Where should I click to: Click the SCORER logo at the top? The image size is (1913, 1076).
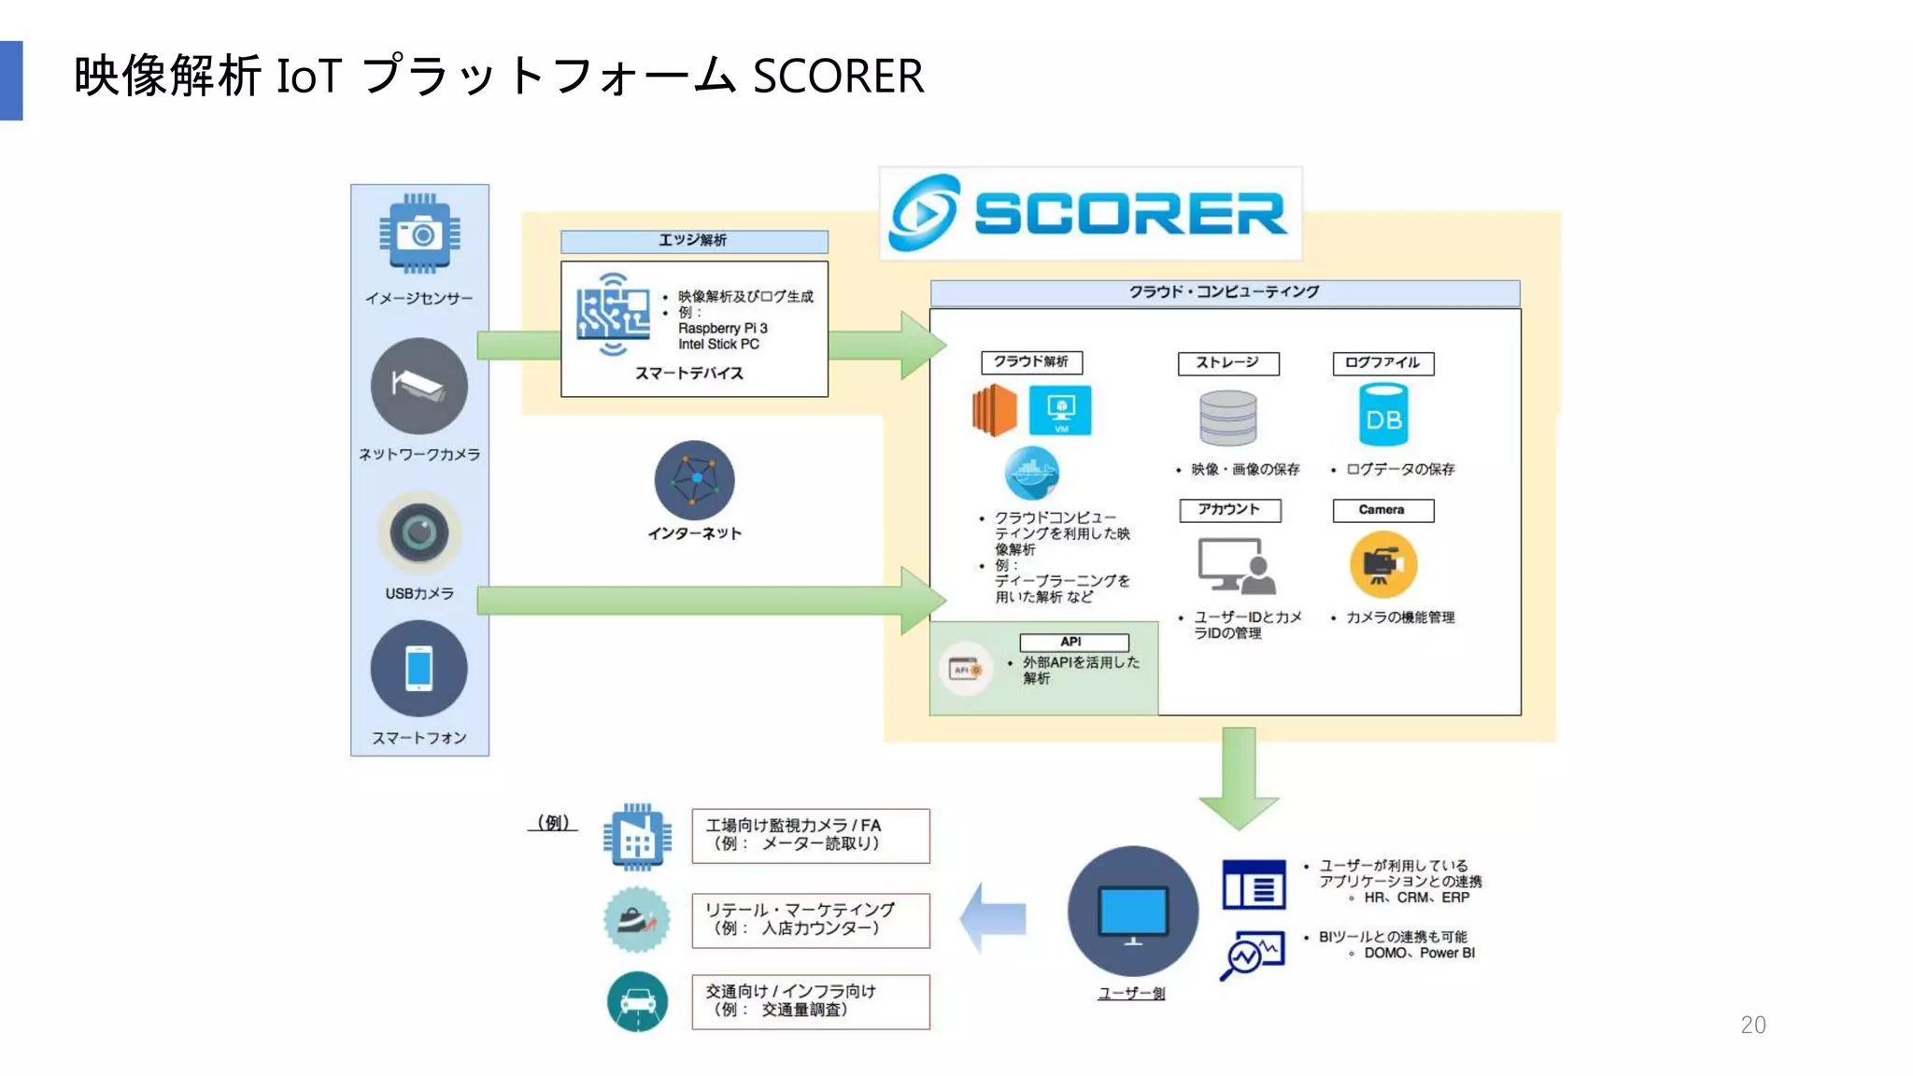pyautogui.click(x=1089, y=214)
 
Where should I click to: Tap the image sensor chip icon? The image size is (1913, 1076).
pyautogui.click(x=419, y=234)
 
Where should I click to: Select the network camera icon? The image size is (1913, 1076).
pyautogui.click(x=419, y=386)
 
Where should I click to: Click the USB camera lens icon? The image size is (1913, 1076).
pyautogui.click(x=419, y=533)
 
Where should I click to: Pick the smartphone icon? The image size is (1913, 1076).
pyautogui.click(x=419, y=669)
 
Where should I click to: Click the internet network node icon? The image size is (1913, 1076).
pyautogui.click(x=694, y=480)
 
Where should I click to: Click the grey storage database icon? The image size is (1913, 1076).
pyautogui.click(x=1227, y=418)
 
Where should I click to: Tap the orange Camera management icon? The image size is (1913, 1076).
pyautogui.click(x=1382, y=564)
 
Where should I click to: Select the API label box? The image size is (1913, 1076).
pyautogui.click(x=1073, y=642)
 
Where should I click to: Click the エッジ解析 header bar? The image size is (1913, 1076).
pyautogui.click(x=694, y=241)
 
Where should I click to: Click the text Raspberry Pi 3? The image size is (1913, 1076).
pyautogui.click(x=722, y=329)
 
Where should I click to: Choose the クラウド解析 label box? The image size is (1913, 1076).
pyautogui.click(x=1031, y=362)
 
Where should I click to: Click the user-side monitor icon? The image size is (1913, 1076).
pyautogui.click(x=1132, y=912)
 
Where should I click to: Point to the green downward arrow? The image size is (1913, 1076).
pyautogui.click(x=1239, y=777)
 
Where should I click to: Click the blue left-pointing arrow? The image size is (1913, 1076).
pyautogui.click(x=993, y=917)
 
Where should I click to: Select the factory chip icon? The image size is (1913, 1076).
pyautogui.click(x=637, y=838)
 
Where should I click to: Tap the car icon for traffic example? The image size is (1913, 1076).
pyautogui.click(x=637, y=1002)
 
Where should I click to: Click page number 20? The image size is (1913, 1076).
pyautogui.click(x=1752, y=1025)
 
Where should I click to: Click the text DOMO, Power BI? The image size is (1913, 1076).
pyautogui.click(x=1419, y=953)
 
